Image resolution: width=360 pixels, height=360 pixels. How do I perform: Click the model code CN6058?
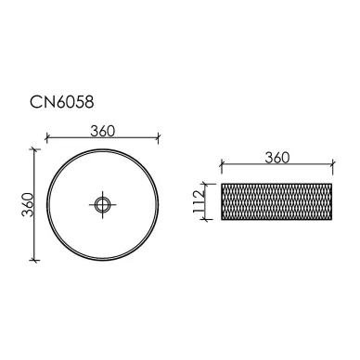coord(61,102)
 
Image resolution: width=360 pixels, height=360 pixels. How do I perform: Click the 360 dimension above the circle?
coord(103,131)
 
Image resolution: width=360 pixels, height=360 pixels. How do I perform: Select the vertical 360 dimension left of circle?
coord(28,205)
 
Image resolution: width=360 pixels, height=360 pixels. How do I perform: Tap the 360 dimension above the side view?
coord(277,158)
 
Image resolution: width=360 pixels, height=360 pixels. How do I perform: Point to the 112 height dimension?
coord(199,201)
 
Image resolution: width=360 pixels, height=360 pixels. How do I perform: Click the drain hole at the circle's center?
coord(102,204)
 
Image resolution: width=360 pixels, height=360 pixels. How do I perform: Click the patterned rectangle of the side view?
coord(276,201)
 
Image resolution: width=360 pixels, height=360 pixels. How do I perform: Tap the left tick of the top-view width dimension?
coord(46,137)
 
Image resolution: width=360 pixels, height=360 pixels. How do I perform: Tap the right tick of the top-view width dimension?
coord(158,138)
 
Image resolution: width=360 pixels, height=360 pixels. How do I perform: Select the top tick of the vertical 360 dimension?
coord(34,149)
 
